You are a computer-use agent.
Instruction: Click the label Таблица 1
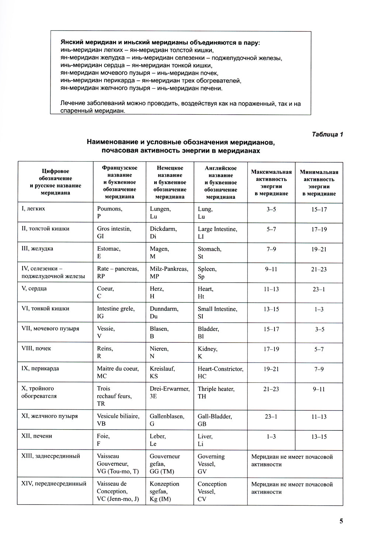[x=327, y=134]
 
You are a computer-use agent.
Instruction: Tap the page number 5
[x=341, y=521]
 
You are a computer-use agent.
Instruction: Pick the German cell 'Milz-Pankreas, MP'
[x=169, y=273]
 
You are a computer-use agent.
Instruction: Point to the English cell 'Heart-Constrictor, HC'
[x=220, y=373]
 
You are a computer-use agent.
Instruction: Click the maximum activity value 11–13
[x=271, y=289]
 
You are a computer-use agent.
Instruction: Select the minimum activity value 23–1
[x=319, y=290]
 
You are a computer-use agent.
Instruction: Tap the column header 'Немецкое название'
[x=170, y=182]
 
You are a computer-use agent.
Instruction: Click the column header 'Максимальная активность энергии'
[x=271, y=183]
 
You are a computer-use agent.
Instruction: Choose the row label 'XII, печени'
[x=37, y=436]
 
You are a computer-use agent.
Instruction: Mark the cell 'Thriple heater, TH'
[x=216, y=392]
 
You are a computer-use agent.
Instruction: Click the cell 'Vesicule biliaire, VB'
[x=118, y=420]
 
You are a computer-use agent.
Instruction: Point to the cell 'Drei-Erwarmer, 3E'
[x=169, y=392]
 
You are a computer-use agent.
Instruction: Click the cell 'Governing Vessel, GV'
[x=211, y=464]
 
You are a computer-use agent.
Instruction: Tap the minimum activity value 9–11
[x=319, y=389]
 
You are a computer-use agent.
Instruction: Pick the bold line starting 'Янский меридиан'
[x=160, y=43]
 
